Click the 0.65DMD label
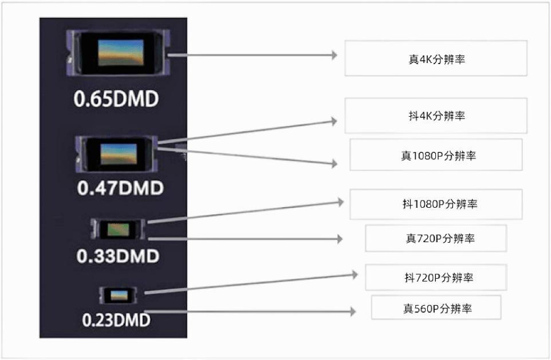tap(116, 99)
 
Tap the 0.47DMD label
tap(120, 188)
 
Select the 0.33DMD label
tap(118, 256)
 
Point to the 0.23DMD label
tap(116, 320)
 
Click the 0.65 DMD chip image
tap(119, 53)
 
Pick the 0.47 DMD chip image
tap(117, 154)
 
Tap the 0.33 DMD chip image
tap(118, 229)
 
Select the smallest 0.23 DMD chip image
tap(118, 295)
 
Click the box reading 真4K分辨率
tap(436, 58)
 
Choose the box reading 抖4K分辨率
tap(436, 116)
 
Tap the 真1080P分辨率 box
tap(436, 155)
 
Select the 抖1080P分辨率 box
tap(436, 204)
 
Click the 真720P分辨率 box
tap(436, 239)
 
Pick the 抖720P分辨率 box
tap(436, 278)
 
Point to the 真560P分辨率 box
tap(436, 308)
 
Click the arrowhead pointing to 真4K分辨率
tap(334, 55)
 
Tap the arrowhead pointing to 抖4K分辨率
tap(334, 121)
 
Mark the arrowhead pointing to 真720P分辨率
tap(340, 239)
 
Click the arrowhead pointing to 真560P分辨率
tap(353, 311)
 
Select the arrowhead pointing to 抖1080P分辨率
tap(341, 202)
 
